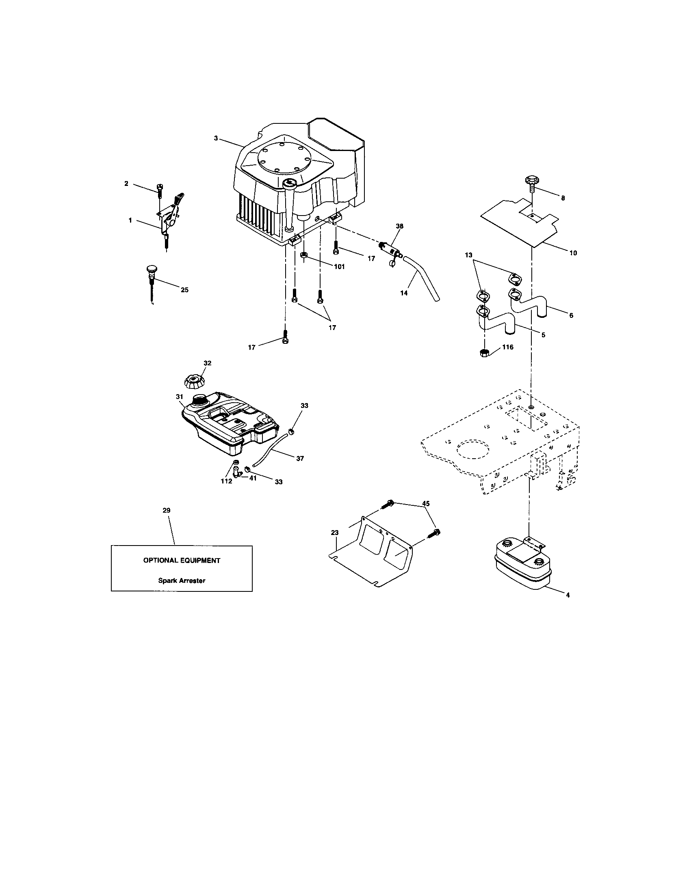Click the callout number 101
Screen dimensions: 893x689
[x=339, y=267]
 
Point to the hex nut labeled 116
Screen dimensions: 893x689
[x=484, y=352]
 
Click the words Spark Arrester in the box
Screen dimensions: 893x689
[x=182, y=580]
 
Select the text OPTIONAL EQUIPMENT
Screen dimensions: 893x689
[x=182, y=561]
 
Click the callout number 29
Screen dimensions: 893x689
[x=167, y=510]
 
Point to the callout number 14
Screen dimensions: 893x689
[x=404, y=293]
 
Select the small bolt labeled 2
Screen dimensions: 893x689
[x=160, y=190]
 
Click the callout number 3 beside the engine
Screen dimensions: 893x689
[x=216, y=138]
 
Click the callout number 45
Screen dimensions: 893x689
[x=426, y=504]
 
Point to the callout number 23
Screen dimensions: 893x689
[x=335, y=533]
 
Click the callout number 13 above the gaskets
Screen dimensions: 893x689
[x=469, y=255]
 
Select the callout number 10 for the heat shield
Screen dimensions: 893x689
[x=573, y=253]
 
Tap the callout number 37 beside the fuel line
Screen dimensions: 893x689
[x=300, y=459]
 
